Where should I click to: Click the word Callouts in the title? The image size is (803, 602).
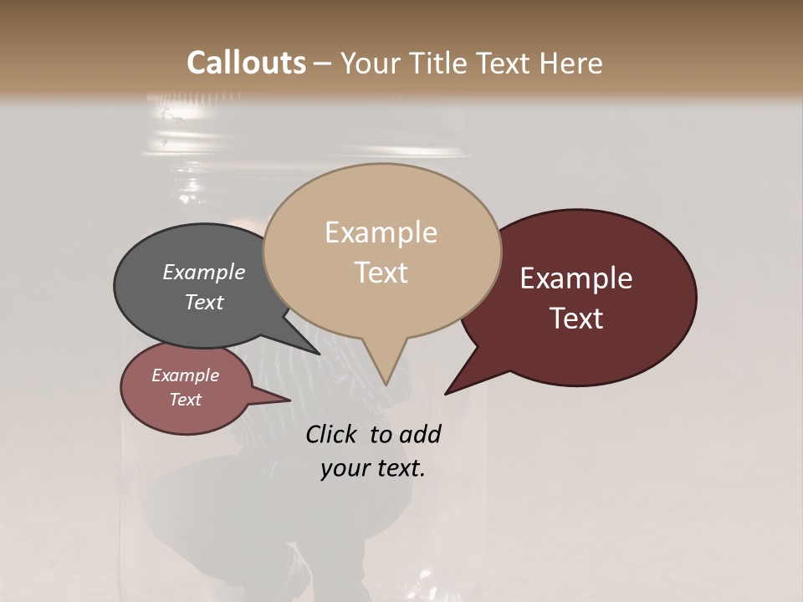pyautogui.click(x=246, y=63)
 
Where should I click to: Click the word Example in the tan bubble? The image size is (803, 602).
pyautogui.click(x=381, y=232)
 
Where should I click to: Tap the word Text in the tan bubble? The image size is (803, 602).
pyautogui.click(x=381, y=273)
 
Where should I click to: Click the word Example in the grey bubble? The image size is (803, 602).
pyautogui.click(x=203, y=272)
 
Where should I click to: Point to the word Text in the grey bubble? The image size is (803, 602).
pyautogui.click(x=204, y=302)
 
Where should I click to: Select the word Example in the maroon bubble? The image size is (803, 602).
pyautogui.click(x=576, y=278)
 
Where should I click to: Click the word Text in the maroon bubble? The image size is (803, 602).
pyautogui.click(x=577, y=319)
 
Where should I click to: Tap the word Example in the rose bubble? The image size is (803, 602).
pyautogui.click(x=185, y=375)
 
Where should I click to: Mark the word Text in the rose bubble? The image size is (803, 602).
pyautogui.click(x=186, y=400)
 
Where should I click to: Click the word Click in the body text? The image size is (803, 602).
pyautogui.click(x=331, y=434)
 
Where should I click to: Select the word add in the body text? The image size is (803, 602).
pyautogui.click(x=419, y=434)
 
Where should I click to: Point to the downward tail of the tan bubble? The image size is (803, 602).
pyautogui.click(x=384, y=368)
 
